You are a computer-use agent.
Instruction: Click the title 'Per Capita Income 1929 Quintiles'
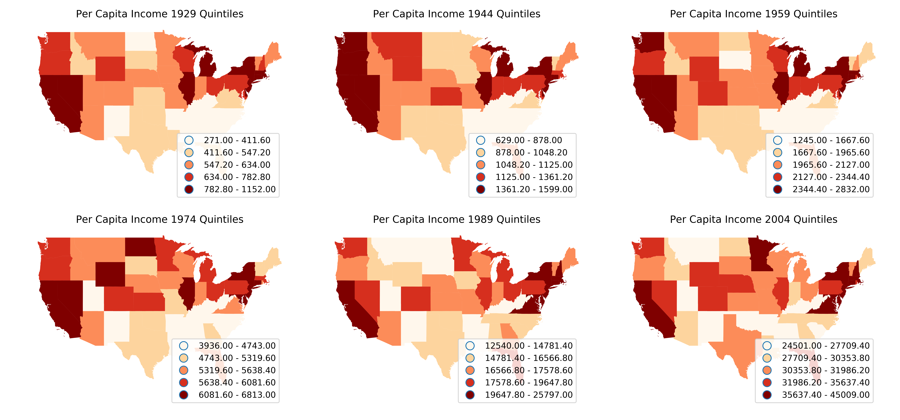click(x=160, y=14)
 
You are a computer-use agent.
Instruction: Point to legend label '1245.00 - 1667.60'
click(x=831, y=140)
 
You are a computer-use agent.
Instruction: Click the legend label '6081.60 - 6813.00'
click(x=237, y=395)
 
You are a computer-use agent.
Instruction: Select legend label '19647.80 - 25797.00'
click(x=529, y=395)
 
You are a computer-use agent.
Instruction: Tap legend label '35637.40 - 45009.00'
click(x=826, y=395)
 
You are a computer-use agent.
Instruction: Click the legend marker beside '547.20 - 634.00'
click(x=189, y=165)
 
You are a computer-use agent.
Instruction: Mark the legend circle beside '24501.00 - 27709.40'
click(x=767, y=346)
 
